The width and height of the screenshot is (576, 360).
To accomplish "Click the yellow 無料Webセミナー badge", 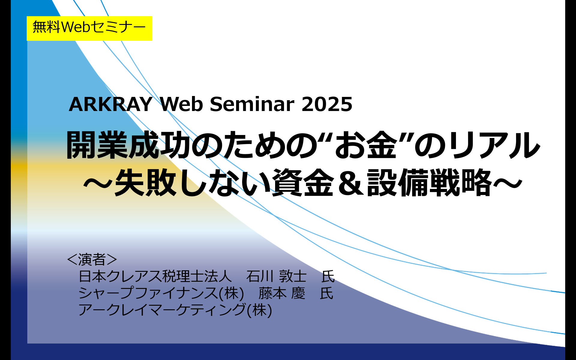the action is [89, 28].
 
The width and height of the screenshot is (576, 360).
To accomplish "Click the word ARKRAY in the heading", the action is [111, 104].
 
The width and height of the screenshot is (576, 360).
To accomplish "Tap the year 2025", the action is [327, 104].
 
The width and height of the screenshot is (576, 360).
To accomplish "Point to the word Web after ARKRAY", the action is [181, 104].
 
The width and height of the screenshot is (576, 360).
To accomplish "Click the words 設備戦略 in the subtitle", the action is [429, 182].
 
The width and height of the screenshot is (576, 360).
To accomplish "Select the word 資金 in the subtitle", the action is [303, 182].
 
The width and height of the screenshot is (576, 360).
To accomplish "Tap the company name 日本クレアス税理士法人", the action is [155, 276].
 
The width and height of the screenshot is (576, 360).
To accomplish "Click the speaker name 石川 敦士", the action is [276, 276].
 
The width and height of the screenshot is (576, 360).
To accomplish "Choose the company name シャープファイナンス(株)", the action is [161, 293].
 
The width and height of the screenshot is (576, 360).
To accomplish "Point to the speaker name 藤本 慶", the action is [282, 293].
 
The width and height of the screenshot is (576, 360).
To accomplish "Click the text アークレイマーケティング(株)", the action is [175, 310].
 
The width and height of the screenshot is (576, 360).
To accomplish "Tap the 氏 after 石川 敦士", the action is [328, 276].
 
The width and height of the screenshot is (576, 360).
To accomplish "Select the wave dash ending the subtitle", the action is [507, 182].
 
